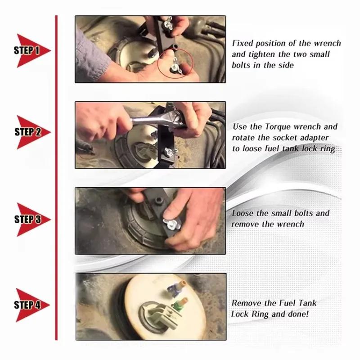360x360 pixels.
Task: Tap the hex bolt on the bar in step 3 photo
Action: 159,200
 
